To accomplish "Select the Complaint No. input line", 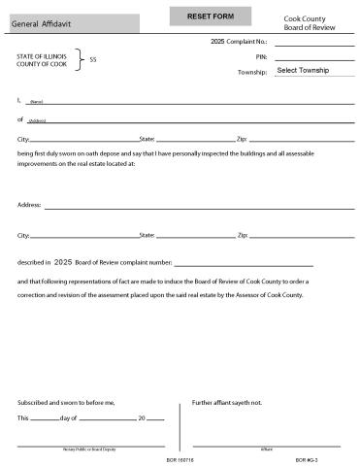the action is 313,44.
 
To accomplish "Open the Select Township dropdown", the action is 313,71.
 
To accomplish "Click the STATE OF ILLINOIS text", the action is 42,56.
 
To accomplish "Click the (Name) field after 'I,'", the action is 194,100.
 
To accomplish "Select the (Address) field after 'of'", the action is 194,119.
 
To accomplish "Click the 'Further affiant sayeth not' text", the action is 227,401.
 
